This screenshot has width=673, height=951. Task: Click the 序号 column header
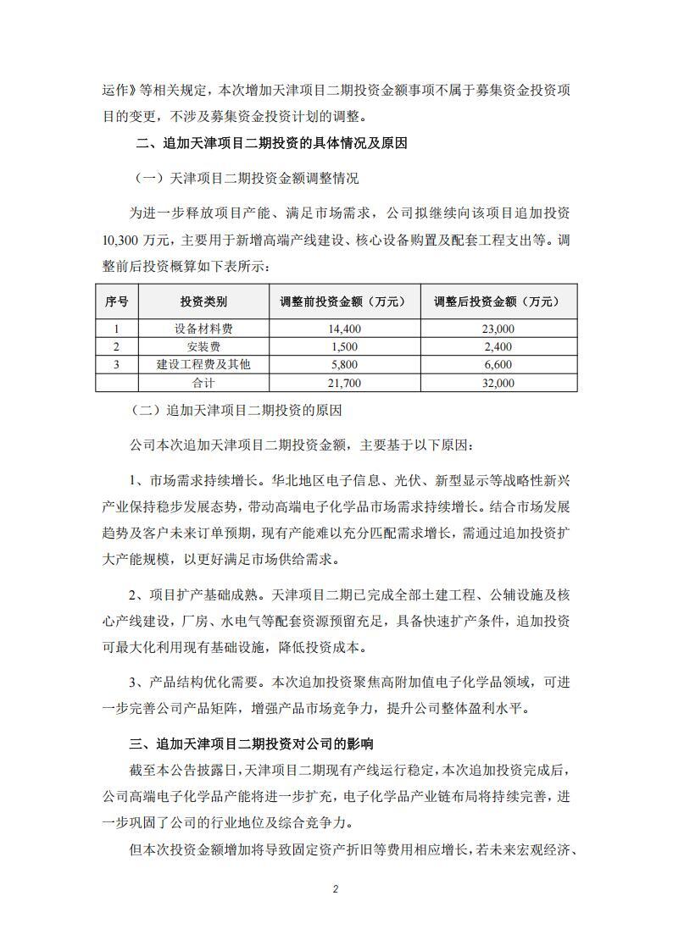(x=117, y=301)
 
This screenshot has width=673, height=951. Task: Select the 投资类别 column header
(x=203, y=301)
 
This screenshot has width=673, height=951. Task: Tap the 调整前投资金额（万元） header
(x=343, y=301)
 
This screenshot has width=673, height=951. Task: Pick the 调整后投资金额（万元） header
(x=498, y=301)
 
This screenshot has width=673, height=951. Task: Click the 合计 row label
(x=203, y=383)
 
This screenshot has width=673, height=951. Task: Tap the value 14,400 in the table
(x=343, y=329)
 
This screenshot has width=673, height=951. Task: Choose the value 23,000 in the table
(x=498, y=329)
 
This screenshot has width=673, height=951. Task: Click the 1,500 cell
(x=343, y=346)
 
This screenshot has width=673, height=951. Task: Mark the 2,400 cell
(x=498, y=346)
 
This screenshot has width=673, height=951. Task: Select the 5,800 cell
(x=343, y=364)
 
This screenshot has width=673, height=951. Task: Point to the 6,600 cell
(x=498, y=364)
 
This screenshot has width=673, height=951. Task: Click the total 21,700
(x=343, y=383)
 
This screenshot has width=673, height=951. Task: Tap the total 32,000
(x=498, y=383)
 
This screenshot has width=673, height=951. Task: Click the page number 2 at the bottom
(x=336, y=889)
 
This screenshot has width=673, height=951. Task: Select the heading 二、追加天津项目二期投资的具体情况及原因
(x=272, y=144)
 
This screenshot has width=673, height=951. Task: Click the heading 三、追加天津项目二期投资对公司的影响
(x=252, y=744)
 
